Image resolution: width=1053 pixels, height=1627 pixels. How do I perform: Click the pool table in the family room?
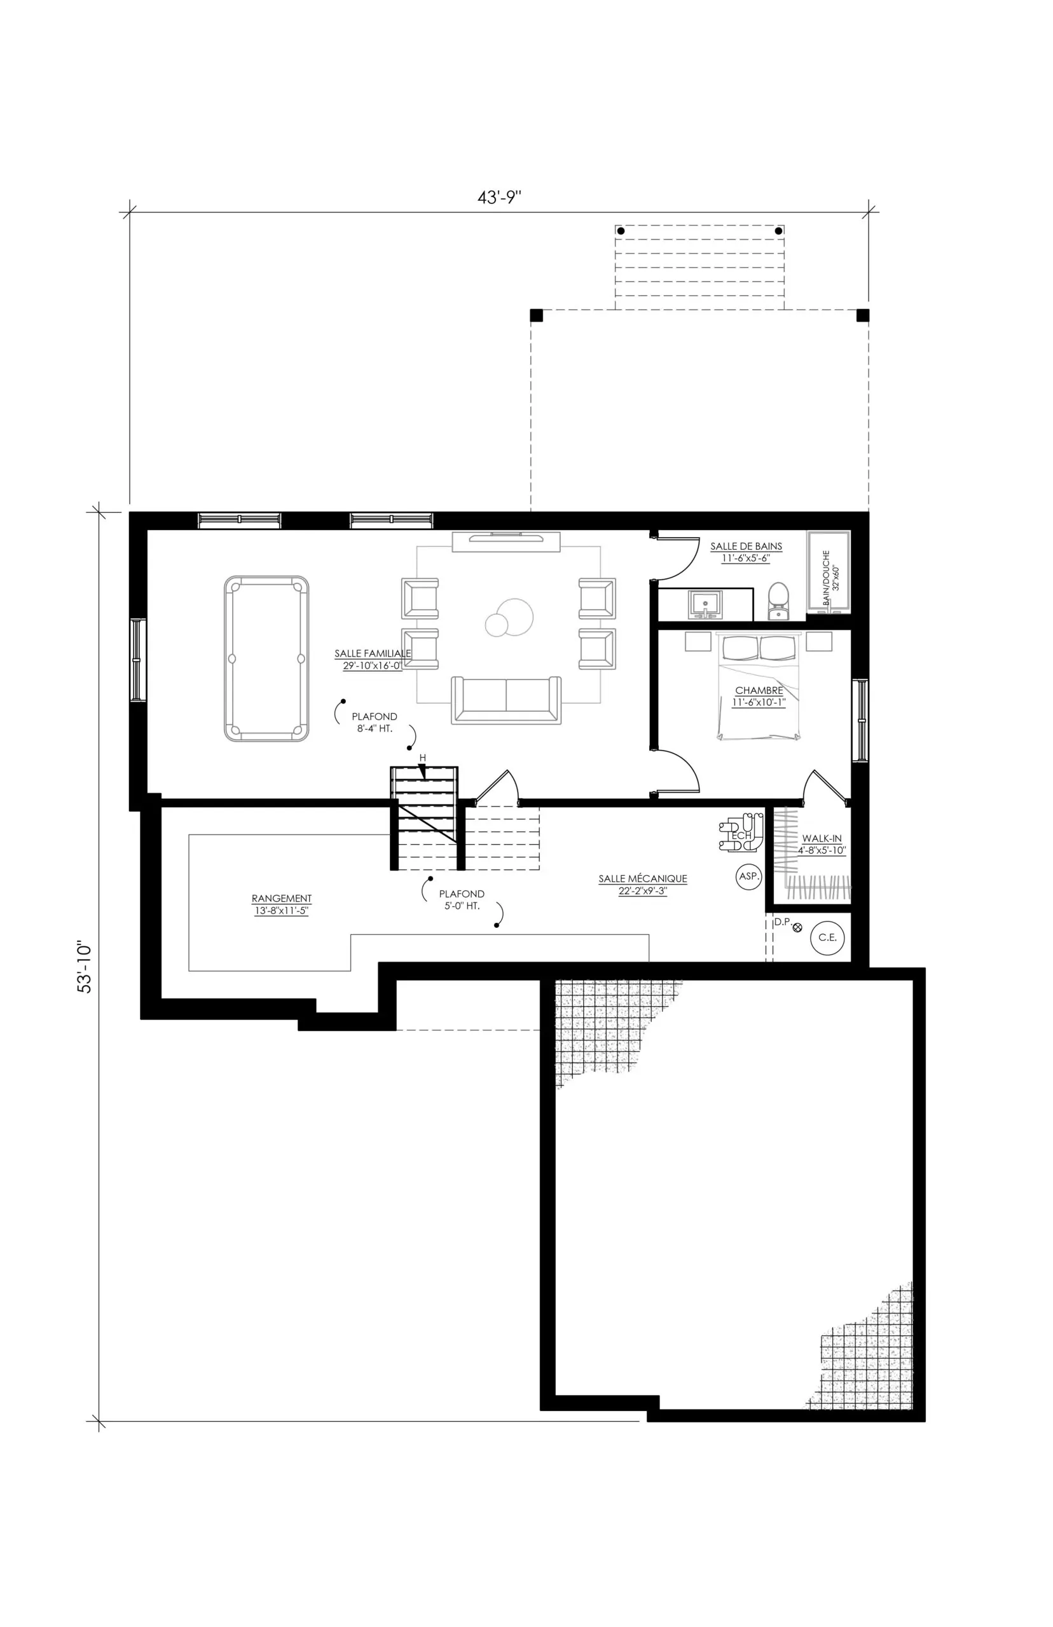pyautogui.click(x=266, y=658)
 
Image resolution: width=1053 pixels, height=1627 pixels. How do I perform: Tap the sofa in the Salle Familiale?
pyautogui.click(x=506, y=700)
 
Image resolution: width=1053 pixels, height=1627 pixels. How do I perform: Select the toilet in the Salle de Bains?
pyautogui.click(x=778, y=601)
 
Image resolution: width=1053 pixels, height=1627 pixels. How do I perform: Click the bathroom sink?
pyautogui.click(x=705, y=605)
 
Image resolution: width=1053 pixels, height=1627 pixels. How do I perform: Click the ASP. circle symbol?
pyautogui.click(x=750, y=876)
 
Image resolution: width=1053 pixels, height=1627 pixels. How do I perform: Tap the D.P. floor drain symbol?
pyautogui.click(x=797, y=927)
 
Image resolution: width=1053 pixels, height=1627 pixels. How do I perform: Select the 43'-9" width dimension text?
pyautogui.click(x=500, y=198)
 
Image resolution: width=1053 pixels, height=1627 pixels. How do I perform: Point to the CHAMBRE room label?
pyautogui.click(x=759, y=691)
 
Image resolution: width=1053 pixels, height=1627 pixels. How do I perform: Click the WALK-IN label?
pyautogui.click(x=822, y=838)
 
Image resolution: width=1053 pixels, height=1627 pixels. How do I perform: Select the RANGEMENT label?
pyautogui.click(x=282, y=899)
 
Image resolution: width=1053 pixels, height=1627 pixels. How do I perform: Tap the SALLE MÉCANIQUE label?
pyautogui.click(x=643, y=879)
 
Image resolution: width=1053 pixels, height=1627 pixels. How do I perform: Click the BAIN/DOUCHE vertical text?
pyautogui.click(x=826, y=578)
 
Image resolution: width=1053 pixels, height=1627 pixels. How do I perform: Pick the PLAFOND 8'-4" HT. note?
pyautogui.click(x=375, y=723)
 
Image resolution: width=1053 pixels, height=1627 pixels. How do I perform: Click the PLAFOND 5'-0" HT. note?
pyautogui.click(x=462, y=900)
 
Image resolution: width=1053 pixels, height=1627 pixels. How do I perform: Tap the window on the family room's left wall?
pyautogui.click(x=139, y=660)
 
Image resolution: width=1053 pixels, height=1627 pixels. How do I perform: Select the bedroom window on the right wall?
pyautogui.click(x=860, y=720)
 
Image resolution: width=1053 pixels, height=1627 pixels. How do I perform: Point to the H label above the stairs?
pyautogui.click(x=423, y=758)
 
